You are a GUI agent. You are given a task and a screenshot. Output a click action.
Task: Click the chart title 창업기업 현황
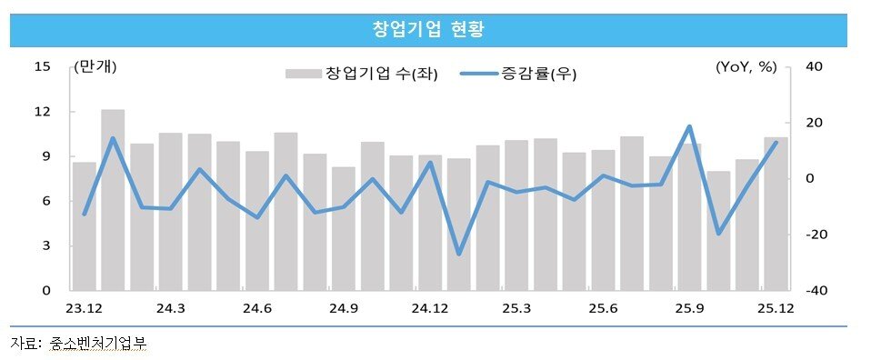click(x=428, y=29)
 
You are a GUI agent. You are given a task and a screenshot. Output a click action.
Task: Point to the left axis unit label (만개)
click(x=96, y=66)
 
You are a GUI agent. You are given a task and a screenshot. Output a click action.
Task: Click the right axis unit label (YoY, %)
click(x=746, y=66)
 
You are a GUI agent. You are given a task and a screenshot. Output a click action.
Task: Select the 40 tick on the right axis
click(x=814, y=66)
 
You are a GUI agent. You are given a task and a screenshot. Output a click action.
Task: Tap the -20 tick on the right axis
click(x=812, y=235)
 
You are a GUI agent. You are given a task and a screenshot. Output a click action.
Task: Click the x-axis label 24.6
click(x=257, y=309)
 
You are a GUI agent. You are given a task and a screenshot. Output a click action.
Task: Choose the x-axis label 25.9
click(x=688, y=309)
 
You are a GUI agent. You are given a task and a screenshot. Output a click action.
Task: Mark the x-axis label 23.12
click(x=85, y=309)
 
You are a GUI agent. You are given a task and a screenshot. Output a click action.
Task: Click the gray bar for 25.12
click(x=776, y=214)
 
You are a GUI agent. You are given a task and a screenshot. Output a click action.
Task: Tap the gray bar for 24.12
click(x=430, y=223)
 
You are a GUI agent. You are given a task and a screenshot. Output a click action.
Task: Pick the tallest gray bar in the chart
click(x=113, y=200)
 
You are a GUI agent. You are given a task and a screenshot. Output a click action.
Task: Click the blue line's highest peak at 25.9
click(x=689, y=126)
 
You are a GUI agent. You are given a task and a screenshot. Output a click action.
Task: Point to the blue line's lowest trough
click(x=459, y=255)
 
